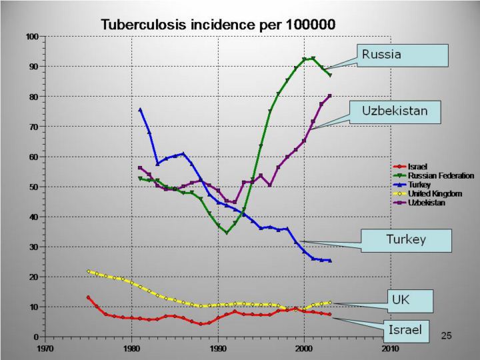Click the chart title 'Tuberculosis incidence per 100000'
tap(218, 24)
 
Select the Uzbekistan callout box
tap(403, 110)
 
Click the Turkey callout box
tap(406, 240)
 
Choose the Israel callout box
tap(406, 330)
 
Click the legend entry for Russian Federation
tap(441, 175)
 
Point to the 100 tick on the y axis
tap(31, 36)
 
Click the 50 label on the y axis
tap(33, 187)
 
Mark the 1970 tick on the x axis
tap(45, 347)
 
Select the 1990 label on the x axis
tap(218, 347)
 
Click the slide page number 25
tap(446, 335)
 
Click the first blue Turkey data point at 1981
tap(140, 109)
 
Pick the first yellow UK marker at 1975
tap(89, 271)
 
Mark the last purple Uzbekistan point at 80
tap(329, 96)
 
